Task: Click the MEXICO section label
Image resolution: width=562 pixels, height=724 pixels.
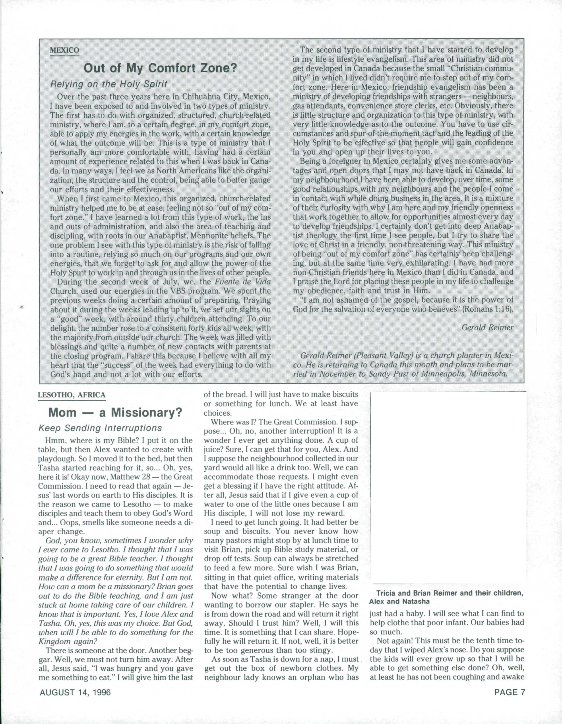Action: [x=65, y=50]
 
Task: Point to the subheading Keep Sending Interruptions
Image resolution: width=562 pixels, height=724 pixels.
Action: [x=100, y=428]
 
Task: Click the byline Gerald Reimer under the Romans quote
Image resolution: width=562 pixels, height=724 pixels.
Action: [x=487, y=327]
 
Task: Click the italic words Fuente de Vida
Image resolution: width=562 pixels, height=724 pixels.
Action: [x=242, y=282]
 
